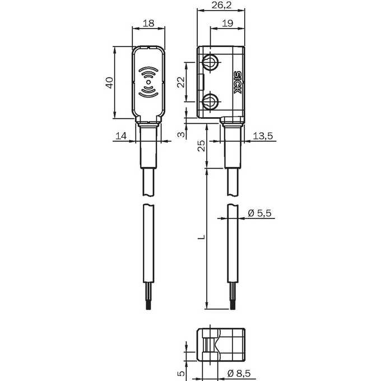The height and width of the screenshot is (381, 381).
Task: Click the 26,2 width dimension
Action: click(221, 5)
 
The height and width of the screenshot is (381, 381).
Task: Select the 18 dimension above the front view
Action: click(148, 24)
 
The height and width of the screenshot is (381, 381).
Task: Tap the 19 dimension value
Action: click(227, 24)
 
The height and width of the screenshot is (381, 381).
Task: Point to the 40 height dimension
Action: click(109, 82)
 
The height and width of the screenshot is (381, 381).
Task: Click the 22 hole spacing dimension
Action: click(181, 82)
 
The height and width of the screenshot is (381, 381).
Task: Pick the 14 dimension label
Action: click(121, 136)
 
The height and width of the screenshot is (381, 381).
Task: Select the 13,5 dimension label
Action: click(263, 136)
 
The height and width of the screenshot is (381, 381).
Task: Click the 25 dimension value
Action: click(201, 146)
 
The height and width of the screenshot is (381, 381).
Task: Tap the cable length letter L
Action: click(201, 237)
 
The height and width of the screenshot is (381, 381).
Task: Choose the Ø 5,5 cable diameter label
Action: click(259, 213)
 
